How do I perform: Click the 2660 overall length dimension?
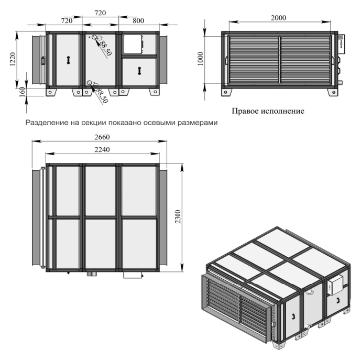coord(102,137)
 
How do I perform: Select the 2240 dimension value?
coord(102,149)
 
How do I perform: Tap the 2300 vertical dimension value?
coord(178,216)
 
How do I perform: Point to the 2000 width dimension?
coord(278,18)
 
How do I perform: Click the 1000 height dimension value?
coord(201,59)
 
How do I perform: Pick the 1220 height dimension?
coord(13,59)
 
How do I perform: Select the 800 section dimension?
coord(138,20)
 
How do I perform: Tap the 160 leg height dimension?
coord(22,92)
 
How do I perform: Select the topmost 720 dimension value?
coord(100,13)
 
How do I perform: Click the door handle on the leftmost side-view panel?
coord(68,60)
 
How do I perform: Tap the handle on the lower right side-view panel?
coord(139,71)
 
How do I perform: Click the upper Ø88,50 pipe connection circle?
coord(94,37)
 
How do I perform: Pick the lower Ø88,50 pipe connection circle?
coord(90,83)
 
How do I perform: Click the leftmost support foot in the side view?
coord(51,92)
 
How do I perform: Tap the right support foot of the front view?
coord(333,92)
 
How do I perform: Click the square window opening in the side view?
coord(132,44)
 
